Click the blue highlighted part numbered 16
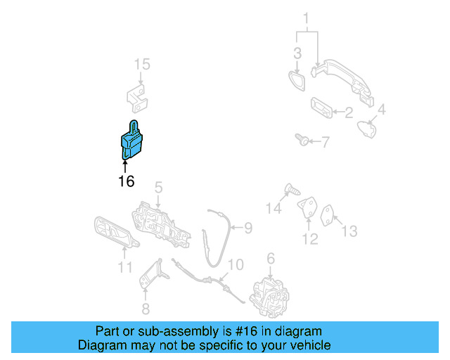click(x=131, y=142)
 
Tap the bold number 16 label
click(x=127, y=181)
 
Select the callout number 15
click(x=142, y=64)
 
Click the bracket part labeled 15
click(x=138, y=98)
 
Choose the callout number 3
click(x=297, y=53)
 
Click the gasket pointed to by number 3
click(x=297, y=82)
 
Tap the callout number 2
click(x=349, y=112)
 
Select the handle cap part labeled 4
click(x=367, y=129)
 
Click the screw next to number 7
click(x=302, y=140)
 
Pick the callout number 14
click(x=274, y=208)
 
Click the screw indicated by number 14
click(x=292, y=189)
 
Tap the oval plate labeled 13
click(x=327, y=215)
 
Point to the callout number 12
click(x=310, y=239)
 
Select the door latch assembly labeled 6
click(x=269, y=297)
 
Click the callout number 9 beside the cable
click(x=248, y=228)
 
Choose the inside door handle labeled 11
click(x=116, y=232)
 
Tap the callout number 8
click(x=146, y=309)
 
